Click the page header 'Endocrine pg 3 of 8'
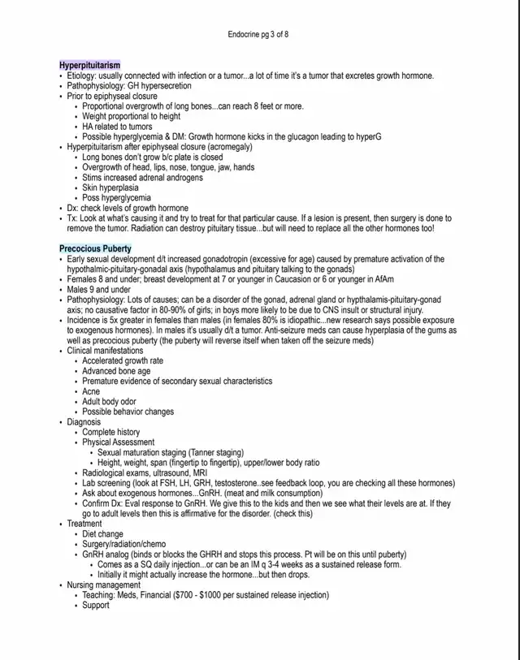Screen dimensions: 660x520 (x=259, y=35)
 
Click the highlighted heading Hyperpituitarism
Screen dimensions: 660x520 (x=89, y=65)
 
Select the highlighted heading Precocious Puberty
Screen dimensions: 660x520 (x=95, y=248)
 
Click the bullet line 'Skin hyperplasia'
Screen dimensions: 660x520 (x=110, y=188)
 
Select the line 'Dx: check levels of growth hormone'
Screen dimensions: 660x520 (x=128, y=208)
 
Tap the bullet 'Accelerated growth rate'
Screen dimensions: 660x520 (x=123, y=360)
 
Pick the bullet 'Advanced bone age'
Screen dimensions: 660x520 (x=115, y=371)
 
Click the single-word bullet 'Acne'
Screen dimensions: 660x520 (x=91, y=391)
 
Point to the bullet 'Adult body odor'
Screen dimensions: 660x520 (x=111, y=401)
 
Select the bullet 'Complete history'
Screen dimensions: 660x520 (x=111, y=432)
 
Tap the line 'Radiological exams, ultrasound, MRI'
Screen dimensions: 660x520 (x=145, y=472)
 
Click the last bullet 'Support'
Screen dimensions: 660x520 (x=97, y=605)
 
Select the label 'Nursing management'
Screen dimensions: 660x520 (x=103, y=585)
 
